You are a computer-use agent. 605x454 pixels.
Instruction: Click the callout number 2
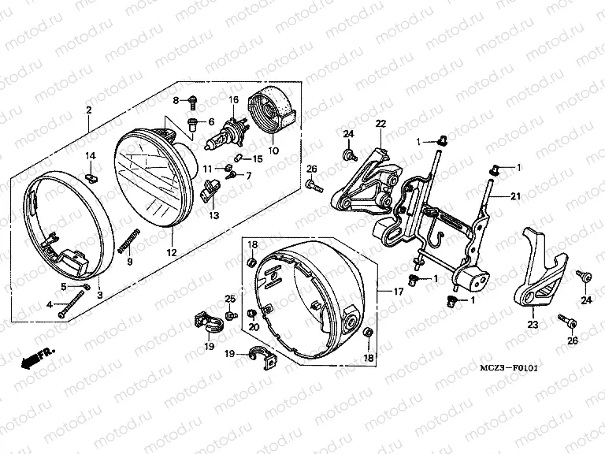click(x=89, y=110)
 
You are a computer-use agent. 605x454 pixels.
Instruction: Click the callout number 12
click(x=171, y=253)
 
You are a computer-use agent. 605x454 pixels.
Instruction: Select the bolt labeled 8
click(x=192, y=99)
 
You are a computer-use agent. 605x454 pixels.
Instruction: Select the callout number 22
click(x=380, y=124)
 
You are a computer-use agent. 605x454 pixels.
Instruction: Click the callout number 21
click(x=515, y=196)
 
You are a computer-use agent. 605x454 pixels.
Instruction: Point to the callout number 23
click(x=533, y=323)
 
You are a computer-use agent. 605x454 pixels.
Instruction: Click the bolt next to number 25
click(x=231, y=315)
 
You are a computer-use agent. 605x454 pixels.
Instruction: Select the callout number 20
click(x=253, y=327)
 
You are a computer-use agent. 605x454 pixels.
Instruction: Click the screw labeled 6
click(x=193, y=121)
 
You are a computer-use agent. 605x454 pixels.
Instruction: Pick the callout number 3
click(x=100, y=295)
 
